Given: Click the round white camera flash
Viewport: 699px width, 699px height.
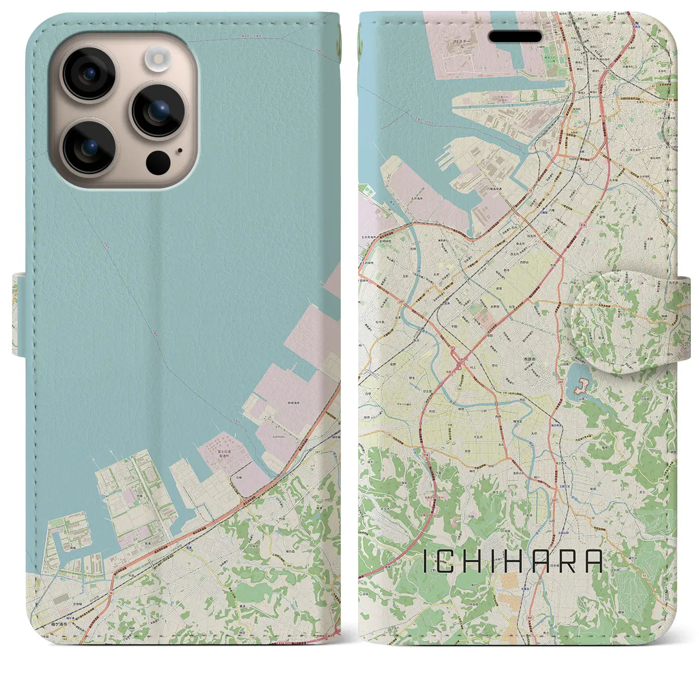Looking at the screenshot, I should coord(158,57).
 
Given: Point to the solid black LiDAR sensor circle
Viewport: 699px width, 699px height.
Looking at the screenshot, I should coord(158,161).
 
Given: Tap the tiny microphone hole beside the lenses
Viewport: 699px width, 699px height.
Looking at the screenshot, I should coord(180,151).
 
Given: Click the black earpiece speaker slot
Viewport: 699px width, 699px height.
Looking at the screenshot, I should coord(516,36).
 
